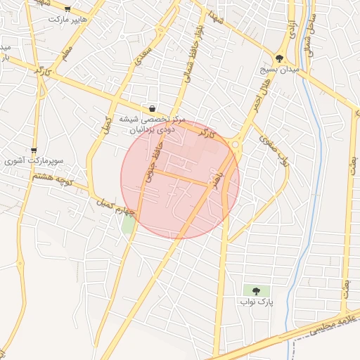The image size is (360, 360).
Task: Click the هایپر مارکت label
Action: pos(67,19)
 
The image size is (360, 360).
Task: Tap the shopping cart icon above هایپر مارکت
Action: pos(67,9)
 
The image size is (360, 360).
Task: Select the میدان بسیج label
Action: pos(280,70)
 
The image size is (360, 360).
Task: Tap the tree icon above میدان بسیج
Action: pos(280,59)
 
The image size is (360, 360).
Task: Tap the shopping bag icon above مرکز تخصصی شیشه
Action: pos(153,108)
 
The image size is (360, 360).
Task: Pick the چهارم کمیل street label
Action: pos(115,207)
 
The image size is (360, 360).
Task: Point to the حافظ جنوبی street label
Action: pos(149,166)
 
